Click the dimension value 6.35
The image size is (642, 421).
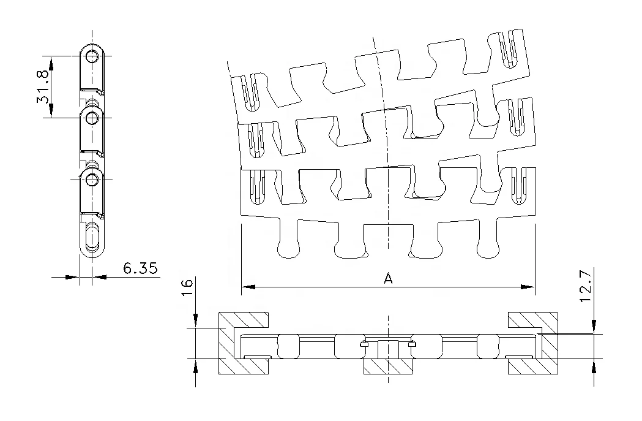tap(140, 268)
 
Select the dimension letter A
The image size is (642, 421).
tap(387, 278)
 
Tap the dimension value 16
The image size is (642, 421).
tap(187, 287)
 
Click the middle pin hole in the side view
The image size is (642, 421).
tap(92, 116)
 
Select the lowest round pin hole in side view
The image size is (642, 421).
tap(92, 180)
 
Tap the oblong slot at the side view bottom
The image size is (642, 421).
tap(92, 237)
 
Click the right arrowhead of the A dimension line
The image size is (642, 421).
tap(530, 286)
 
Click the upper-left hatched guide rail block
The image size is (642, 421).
tap(244, 319)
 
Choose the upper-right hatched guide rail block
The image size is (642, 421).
tap(532, 319)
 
